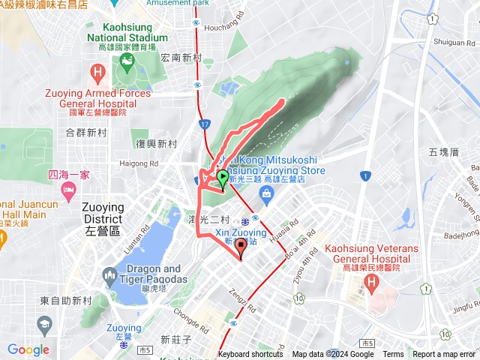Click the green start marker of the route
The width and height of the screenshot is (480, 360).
click(223, 178)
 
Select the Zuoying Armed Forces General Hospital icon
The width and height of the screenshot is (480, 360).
click(97, 73)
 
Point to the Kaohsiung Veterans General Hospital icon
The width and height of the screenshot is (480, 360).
click(370, 283)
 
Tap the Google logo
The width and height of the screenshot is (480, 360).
click(28, 349)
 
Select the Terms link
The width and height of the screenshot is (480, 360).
click(393, 355)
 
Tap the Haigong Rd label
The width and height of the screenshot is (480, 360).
click(138, 163)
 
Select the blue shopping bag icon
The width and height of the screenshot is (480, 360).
click(266, 193)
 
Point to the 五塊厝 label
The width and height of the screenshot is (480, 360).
click(443, 151)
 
